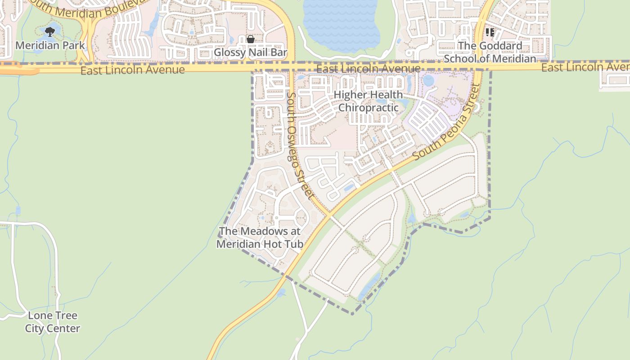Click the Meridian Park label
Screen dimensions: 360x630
[50, 45]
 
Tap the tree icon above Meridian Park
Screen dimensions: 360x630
[50, 31]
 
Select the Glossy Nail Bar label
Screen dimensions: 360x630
[250, 53]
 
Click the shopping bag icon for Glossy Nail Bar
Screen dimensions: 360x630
[251, 40]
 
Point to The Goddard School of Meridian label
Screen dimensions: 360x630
[490, 52]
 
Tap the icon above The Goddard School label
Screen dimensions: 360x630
[490, 32]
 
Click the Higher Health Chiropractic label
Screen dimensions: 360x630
[368, 101]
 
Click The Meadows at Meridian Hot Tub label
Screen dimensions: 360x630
[259, 238]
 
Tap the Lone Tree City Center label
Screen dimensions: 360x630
[53, 322]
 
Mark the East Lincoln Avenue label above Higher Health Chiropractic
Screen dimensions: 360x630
[368, 69]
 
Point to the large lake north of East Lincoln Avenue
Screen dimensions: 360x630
[340, 25]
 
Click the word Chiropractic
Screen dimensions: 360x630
[368, 108]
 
